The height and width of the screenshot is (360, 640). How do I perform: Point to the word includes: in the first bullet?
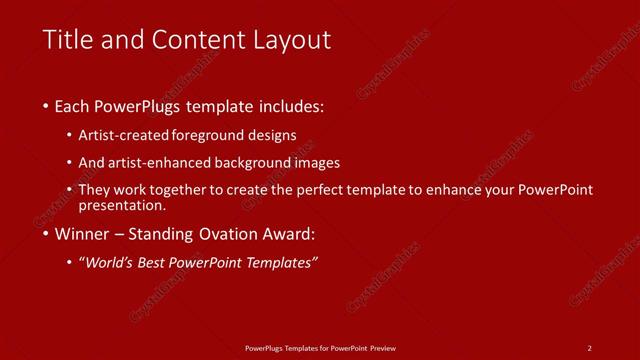(x=291, y=105)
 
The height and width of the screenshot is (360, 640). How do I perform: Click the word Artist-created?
(x=128, y=135)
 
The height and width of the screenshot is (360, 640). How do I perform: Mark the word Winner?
(x=83, y=235)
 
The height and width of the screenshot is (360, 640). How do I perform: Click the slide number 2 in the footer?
(x=590, y=348)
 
